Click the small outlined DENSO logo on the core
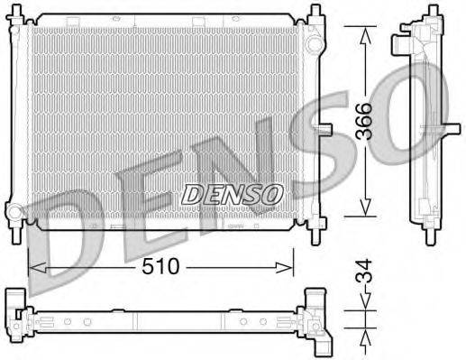233,193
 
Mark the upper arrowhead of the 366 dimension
364,33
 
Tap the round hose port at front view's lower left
14,214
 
